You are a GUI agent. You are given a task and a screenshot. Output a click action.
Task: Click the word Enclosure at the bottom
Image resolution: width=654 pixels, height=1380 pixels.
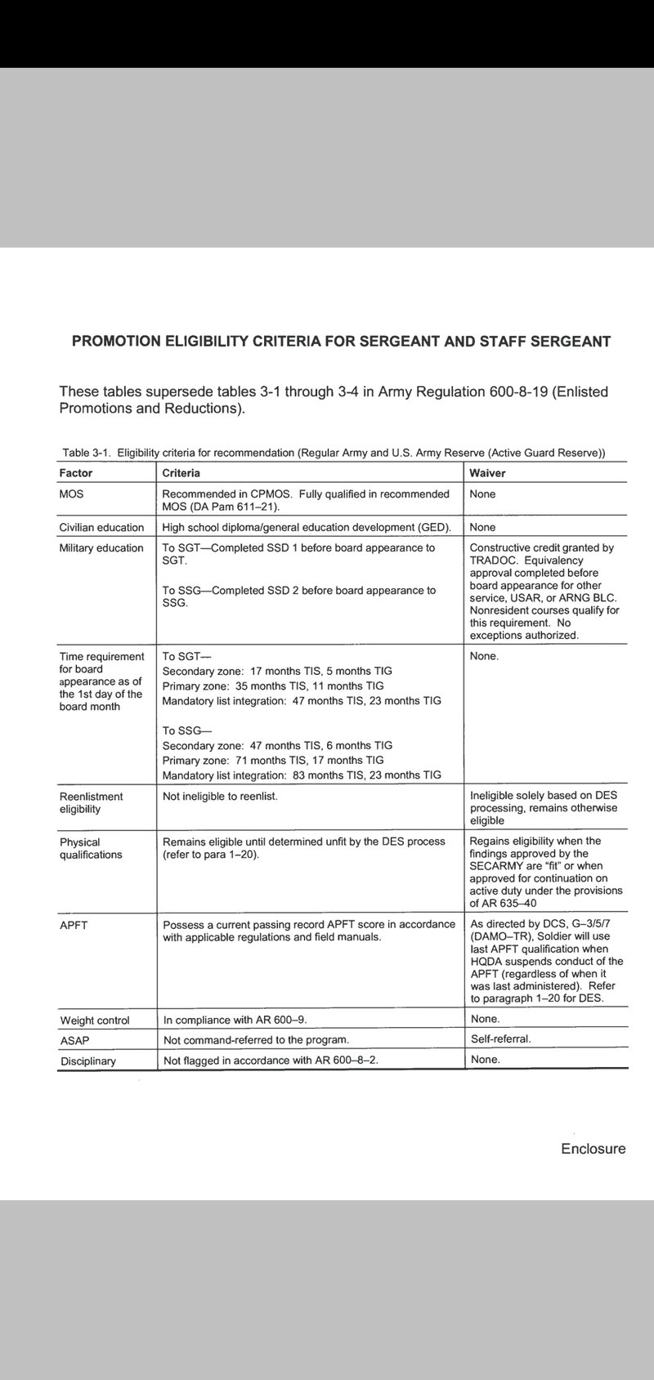tap(593, 1149)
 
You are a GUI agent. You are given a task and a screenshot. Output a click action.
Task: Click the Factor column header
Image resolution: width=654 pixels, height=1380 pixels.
tap(76, 473)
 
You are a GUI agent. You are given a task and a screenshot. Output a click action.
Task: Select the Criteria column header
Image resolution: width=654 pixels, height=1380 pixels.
tap(181, 473)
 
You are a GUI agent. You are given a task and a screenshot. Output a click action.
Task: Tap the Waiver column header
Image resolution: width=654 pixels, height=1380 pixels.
tap(487, 473)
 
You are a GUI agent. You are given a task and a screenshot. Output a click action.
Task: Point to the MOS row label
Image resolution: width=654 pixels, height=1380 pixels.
tap(71, 494)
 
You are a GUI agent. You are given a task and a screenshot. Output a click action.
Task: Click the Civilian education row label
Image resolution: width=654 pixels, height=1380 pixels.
tap(101, 527)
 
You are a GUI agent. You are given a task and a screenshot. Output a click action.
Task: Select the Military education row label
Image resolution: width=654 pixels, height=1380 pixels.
tap(101, 548)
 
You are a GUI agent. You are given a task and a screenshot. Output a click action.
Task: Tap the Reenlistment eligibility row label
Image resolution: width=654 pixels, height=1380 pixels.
tap(91, 802)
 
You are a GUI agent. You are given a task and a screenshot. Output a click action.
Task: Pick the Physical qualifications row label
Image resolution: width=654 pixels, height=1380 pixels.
tap(91, 848)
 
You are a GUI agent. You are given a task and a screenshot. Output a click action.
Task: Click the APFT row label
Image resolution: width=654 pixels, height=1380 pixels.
tap(74, 925)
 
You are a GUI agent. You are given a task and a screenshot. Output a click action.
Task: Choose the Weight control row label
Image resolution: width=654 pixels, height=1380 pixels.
tap(95, 1020)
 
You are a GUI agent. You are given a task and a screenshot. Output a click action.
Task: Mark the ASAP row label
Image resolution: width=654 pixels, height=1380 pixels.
tap(74, 1041)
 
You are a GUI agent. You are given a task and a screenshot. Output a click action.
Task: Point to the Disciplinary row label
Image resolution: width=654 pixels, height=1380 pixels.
tap(88, 1061)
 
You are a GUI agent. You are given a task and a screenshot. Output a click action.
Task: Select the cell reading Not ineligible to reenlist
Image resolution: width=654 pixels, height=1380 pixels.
tap(220, 796)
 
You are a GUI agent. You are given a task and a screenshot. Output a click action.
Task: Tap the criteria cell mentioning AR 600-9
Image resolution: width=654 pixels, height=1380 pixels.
tap(235, 1020)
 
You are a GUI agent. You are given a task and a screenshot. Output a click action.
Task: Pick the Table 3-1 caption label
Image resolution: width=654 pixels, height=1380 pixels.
tap(86, 453)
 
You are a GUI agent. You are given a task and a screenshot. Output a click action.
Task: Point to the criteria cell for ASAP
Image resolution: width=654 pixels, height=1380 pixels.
tap(256, 1040)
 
